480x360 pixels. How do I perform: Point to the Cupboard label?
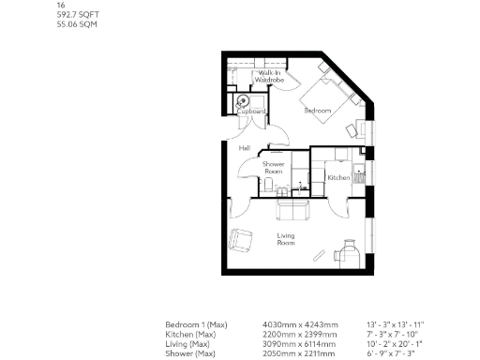pos(251,112)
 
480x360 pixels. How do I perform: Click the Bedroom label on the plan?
pos(318,111)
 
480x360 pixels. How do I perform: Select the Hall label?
pos(244,148)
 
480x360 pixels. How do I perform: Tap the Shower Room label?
pos(274,167)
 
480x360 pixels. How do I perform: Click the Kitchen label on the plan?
pos(338,176)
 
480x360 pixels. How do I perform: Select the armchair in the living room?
pos(241,240)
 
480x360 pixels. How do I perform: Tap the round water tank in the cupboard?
pos(244,100)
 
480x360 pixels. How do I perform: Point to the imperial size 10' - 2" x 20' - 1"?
pos(390,342)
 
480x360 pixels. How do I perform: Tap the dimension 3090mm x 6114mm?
pos(294,342)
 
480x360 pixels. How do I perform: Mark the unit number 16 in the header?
pos(61,5)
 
